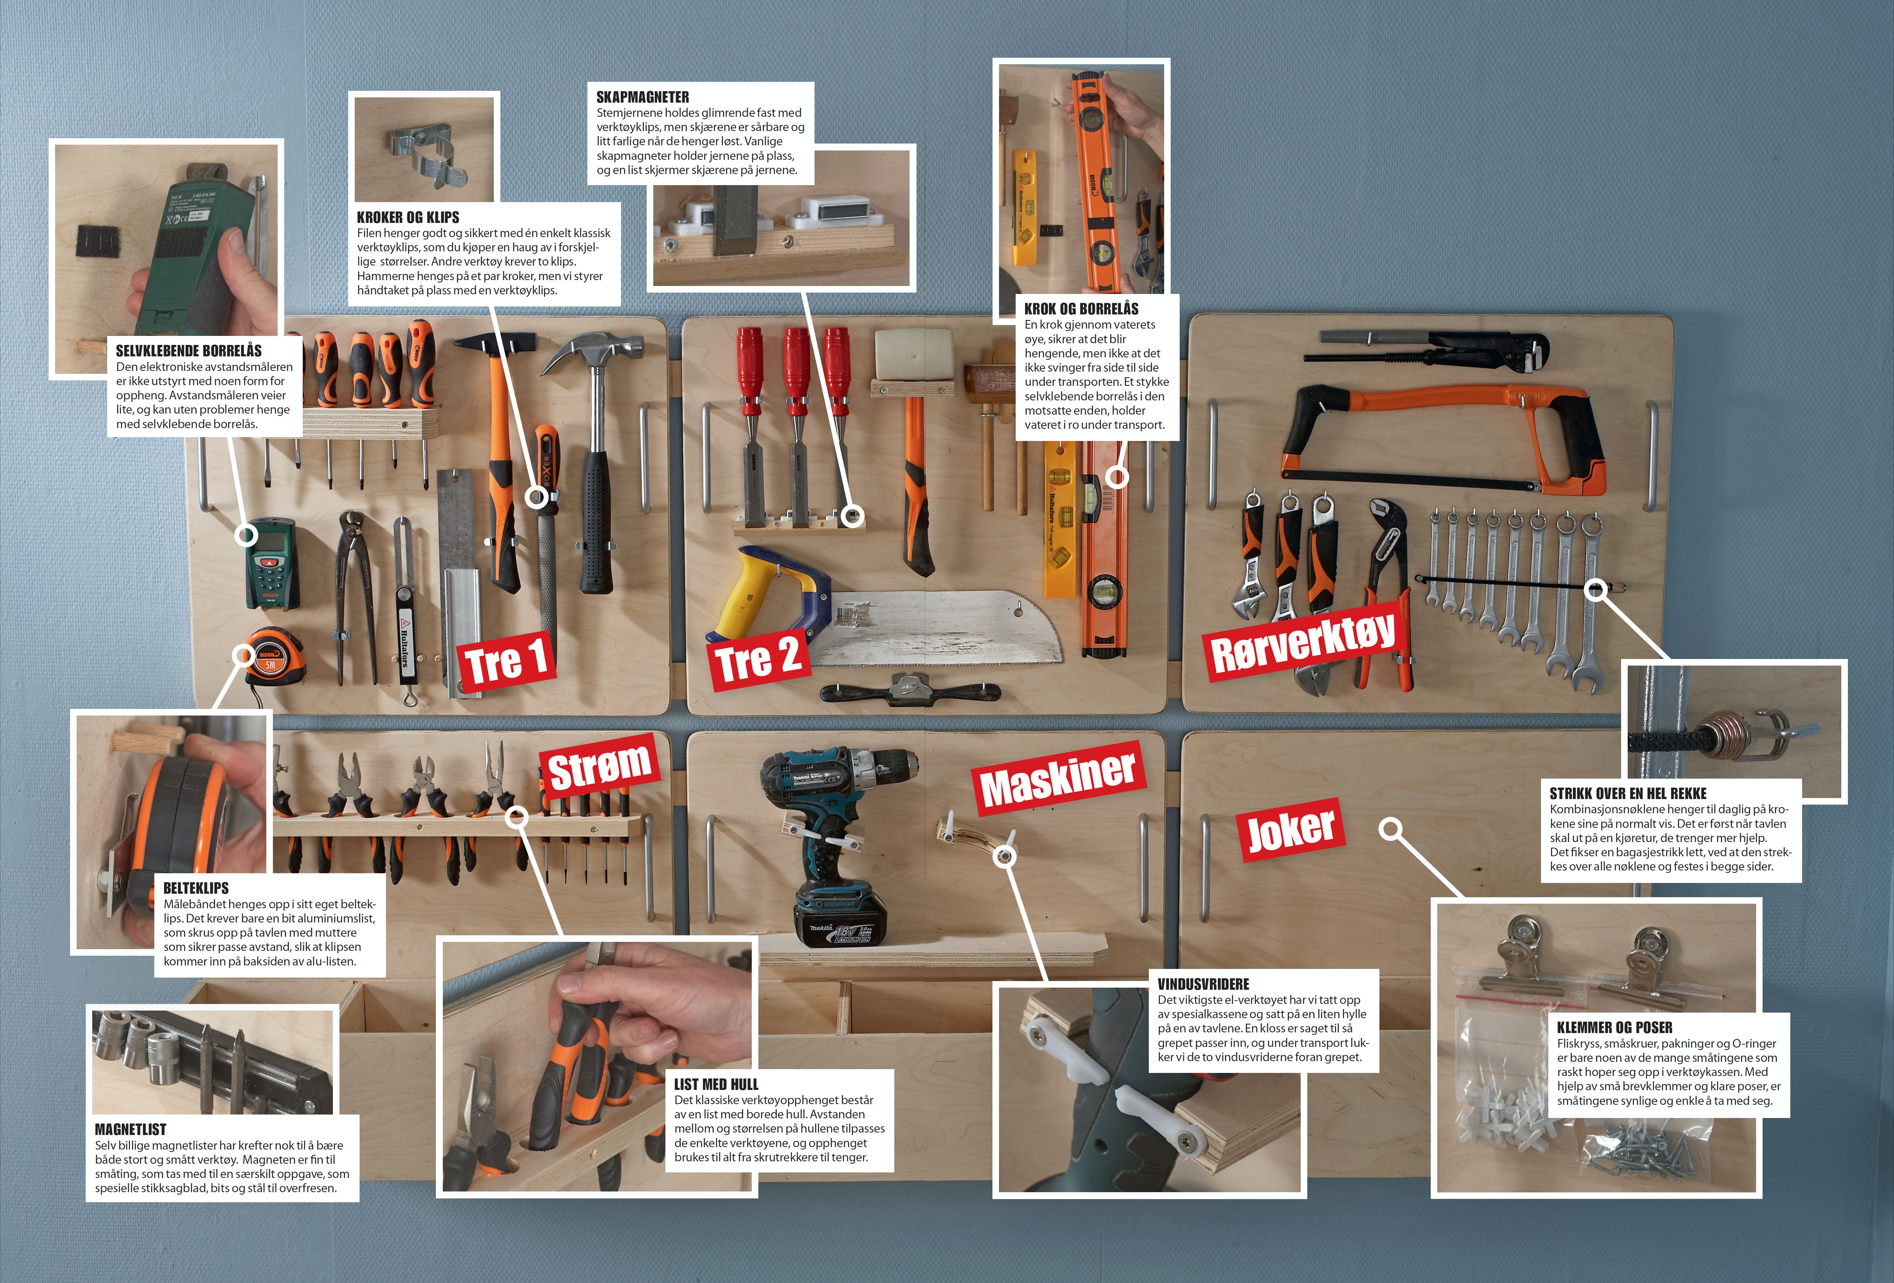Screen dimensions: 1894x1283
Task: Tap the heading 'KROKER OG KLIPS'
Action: point(408,217)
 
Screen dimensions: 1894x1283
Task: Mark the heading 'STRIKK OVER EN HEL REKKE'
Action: point(1627,794)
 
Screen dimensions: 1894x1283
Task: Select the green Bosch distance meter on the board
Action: point(272,564)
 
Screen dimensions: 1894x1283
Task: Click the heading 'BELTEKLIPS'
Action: point(196,888)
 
